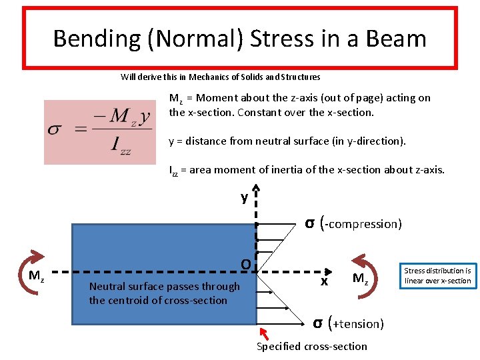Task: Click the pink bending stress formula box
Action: coord(97,132)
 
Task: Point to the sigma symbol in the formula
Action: coord(55,129)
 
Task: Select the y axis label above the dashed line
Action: coord(245,197)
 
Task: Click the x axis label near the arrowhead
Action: coord(325,281)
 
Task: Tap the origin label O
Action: coord(245,265)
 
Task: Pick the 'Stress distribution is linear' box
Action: coord(437,275)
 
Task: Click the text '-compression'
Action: coord(363,224)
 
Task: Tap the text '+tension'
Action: coord(358,324)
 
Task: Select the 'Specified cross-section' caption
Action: coord(312,346)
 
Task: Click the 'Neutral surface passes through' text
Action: coord(164,287)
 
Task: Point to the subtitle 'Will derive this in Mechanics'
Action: coord(220,77)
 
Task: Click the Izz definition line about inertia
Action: coord(307,170)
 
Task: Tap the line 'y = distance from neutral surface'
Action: coord(287,141)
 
